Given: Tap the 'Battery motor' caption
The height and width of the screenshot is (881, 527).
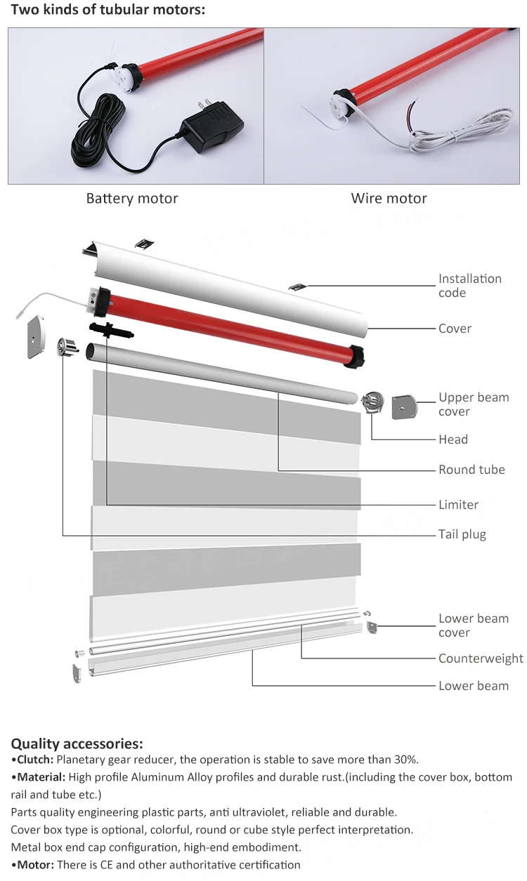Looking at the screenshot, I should click(x=132, y=199).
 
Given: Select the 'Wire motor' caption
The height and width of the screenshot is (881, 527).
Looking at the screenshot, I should click(x=389, y=199).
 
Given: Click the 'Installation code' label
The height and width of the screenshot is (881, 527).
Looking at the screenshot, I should click(x=469, y=286).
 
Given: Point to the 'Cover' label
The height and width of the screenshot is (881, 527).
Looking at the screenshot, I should click(x=455, y=329).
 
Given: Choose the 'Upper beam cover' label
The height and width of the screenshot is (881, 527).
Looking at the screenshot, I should click(x=473, y=404).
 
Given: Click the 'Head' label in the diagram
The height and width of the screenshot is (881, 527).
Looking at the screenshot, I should click(x=453, y=439).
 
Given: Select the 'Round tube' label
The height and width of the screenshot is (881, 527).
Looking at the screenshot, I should click(x=471, y=470).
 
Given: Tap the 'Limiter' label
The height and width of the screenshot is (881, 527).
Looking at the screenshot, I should click(x=458, y=505).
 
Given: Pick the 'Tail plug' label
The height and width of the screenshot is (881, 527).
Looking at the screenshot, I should click(x=462, y=535).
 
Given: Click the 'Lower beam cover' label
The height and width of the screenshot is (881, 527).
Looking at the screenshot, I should click(x=473, y=625).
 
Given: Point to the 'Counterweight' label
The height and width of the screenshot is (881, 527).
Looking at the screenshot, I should click(x=481, y=658).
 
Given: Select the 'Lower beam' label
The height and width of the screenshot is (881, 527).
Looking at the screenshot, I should click(x=473, y=686).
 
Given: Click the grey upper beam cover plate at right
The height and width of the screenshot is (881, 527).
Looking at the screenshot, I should click(x=404, y=406).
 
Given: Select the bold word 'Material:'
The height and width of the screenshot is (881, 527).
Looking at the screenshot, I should click(x=39, y=777).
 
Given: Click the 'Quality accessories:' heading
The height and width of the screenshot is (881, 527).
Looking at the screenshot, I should click(x=77, y=743).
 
